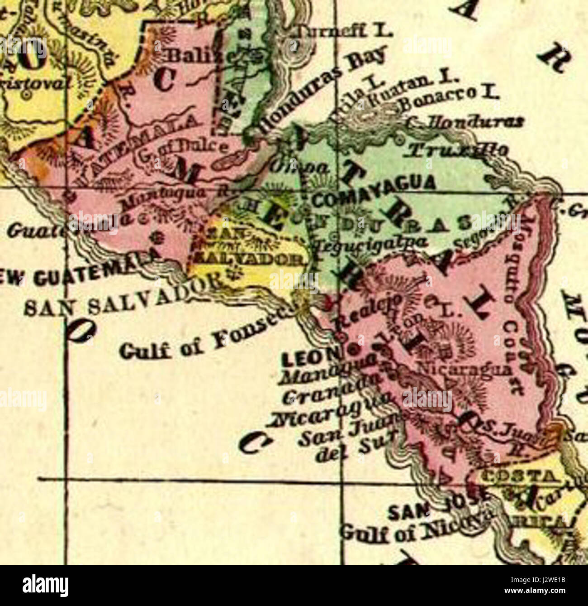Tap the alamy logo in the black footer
[46, 585]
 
